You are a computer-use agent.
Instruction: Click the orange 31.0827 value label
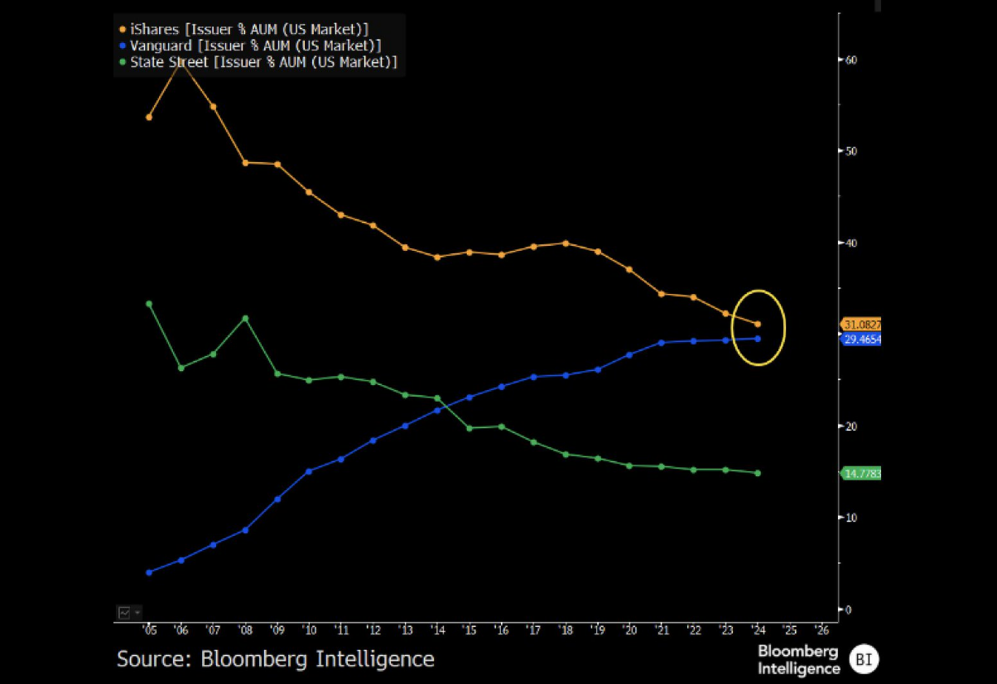(x=861, y=325)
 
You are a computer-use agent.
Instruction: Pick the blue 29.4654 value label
(x=861, y=340)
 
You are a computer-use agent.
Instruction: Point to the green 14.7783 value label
(x=861, y=474)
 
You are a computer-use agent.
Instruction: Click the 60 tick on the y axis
(x=850, y=60)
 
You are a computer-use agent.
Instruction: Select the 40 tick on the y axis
(x=850, y=243)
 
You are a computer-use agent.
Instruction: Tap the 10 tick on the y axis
(x=850, y=518)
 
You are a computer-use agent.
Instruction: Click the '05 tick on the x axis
(x=149, y=629)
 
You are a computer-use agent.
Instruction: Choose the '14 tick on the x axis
(x=437, y=629)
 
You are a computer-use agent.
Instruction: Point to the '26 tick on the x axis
(x=821, y=629)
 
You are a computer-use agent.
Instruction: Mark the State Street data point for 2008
(x=245, y=318)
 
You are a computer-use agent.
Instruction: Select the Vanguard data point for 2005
(x=149, y=572)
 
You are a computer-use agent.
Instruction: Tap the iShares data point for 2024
(x=758, y=324)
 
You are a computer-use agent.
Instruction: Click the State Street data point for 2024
(x=758, y=473)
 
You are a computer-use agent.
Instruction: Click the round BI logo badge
(x=865, y=659)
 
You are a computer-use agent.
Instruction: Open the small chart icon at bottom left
(x=124, y=613)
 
